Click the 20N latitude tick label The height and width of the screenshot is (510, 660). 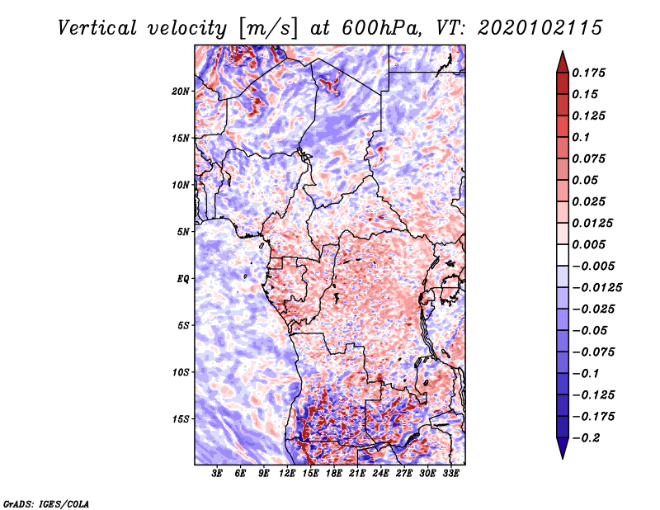pos(181,92)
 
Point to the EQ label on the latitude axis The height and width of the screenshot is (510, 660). pos(183,279)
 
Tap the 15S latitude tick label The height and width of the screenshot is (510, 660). pos(181,419)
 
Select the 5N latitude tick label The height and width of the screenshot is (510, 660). pos(183,232)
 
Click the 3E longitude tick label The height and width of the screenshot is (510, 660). pos(217,473)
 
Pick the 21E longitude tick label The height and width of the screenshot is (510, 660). pos(357,473)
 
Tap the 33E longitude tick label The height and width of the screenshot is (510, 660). pos(450,473)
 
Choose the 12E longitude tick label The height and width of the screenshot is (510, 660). pos(287,473)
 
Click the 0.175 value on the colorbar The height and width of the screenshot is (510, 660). pos(588,73)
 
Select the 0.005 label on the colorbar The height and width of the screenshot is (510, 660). pos(588,244)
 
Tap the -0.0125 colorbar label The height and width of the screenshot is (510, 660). pos(596,288)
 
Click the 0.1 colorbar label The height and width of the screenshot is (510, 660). pos(581,137)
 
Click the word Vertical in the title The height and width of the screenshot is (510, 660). pos(97,28)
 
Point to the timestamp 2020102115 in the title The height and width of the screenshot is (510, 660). pos(540,28)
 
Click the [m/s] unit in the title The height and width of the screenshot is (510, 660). pos(267,28)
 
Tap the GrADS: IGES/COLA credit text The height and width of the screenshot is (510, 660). pos(46,504)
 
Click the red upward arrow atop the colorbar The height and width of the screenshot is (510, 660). pos(563,62)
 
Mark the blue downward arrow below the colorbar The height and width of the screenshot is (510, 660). pos(563,448)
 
